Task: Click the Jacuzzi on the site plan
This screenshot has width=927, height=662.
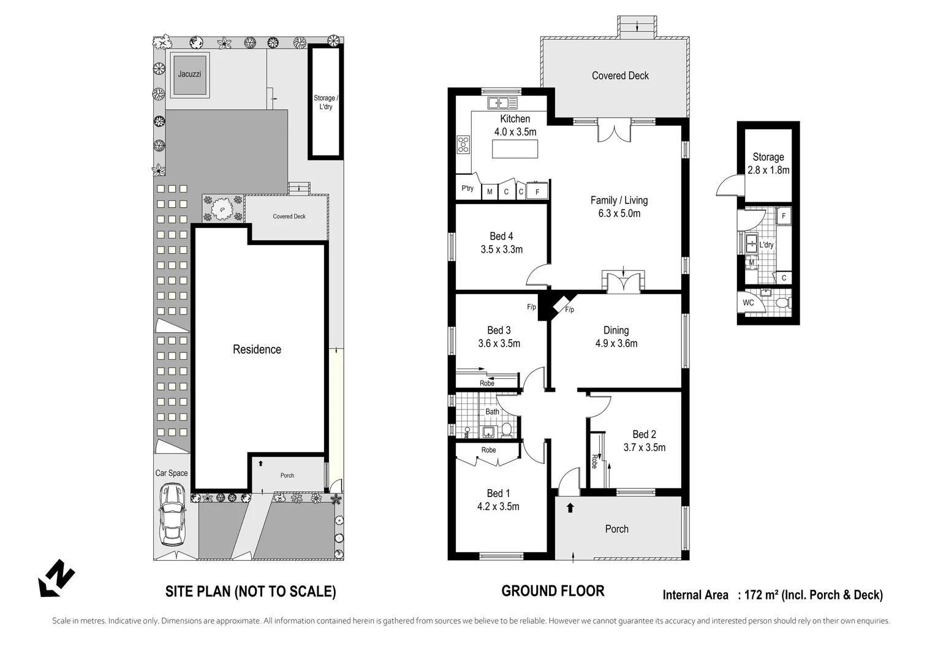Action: click(x=189, y=75)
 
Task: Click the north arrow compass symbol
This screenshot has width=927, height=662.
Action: click(x=56, y=577)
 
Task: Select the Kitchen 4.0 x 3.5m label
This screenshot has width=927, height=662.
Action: click(x=515, y=125)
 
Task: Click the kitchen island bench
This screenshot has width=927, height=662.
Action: click(x=515, y=149)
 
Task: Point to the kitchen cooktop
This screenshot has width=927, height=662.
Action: click(x=463, y=145)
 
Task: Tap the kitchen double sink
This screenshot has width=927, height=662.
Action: click(x=502, y=103)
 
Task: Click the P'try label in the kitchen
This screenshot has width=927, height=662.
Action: click(x=467, y=188)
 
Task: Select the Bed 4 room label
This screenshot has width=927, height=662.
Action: click(x=501, y=243)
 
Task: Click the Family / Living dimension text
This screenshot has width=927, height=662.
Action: click(x=619, y=213)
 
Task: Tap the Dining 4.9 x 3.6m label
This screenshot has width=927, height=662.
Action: click(x=616, y=337)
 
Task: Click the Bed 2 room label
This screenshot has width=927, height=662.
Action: click(x=644, y=441)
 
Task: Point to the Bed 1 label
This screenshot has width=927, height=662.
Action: click(x=498, y=500)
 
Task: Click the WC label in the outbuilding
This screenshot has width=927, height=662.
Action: click(x=748, y=303)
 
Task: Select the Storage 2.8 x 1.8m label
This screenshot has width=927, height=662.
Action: click(x=768, y=164)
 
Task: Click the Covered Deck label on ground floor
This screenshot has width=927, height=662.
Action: click(x=620, y=75)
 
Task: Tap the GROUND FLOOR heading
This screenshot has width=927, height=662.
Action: click(x=553, y=591)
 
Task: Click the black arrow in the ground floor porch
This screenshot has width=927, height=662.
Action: click(x=570, y=508)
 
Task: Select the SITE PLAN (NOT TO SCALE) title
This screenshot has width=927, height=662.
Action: click(x=251, y=592)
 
